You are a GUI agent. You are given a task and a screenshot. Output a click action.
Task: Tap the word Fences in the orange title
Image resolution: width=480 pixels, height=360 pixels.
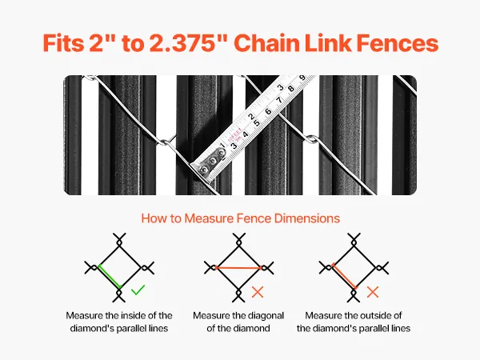(398, 43)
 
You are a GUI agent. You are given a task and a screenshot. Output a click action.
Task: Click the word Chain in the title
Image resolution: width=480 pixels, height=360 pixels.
(266, 43)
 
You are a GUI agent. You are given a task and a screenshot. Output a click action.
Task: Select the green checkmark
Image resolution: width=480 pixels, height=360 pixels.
(138, 290)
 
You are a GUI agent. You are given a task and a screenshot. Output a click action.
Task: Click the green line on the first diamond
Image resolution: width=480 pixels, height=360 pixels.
(110, 277)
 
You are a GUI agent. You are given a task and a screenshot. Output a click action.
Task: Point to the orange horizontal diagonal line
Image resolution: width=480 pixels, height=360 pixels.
(238, 267)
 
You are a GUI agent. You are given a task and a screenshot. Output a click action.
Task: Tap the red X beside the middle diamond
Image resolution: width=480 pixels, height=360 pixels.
(258, 292)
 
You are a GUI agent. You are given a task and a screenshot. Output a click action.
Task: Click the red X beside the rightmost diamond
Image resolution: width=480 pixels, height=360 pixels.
(373, 292)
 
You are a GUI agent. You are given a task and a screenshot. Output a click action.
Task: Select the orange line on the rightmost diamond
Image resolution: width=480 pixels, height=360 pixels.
(344, 275)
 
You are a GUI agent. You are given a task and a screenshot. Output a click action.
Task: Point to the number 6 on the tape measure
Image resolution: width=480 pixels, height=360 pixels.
(268, 111)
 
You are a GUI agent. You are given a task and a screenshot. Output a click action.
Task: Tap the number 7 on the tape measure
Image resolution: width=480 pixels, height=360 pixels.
(279, 100)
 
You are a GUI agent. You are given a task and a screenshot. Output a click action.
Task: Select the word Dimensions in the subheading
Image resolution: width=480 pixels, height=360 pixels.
(307, 218)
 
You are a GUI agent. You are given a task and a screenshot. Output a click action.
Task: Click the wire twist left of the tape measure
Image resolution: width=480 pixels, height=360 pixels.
(165, 142)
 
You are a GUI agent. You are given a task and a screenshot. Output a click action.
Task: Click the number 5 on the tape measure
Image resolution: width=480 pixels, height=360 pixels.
(257, 123)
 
